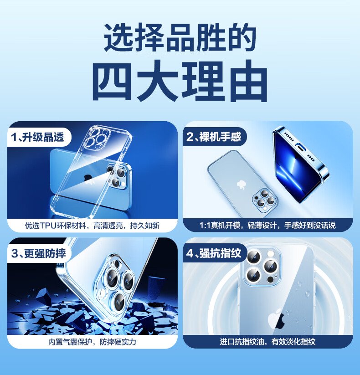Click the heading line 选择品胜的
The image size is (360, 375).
[x=180, y=37]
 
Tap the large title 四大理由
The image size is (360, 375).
[x=180, y=81]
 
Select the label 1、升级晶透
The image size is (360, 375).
[x=37, y=137]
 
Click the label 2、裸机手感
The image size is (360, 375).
[x=214, y=137]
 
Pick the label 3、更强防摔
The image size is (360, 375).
[x=38, y=253]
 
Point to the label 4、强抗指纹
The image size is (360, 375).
[x=214, y=253]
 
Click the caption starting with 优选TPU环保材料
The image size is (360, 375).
[x=92, y=226]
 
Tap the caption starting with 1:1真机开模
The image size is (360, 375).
[x=267, y=225]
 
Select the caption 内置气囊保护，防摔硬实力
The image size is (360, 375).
[x=92, y=342]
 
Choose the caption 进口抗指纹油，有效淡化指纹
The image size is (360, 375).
[x=267, y=342]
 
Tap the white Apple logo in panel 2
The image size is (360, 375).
[x=241, y=185]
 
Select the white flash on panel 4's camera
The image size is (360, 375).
[x=271, y=253]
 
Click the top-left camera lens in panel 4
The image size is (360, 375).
[x=253, y=257]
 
